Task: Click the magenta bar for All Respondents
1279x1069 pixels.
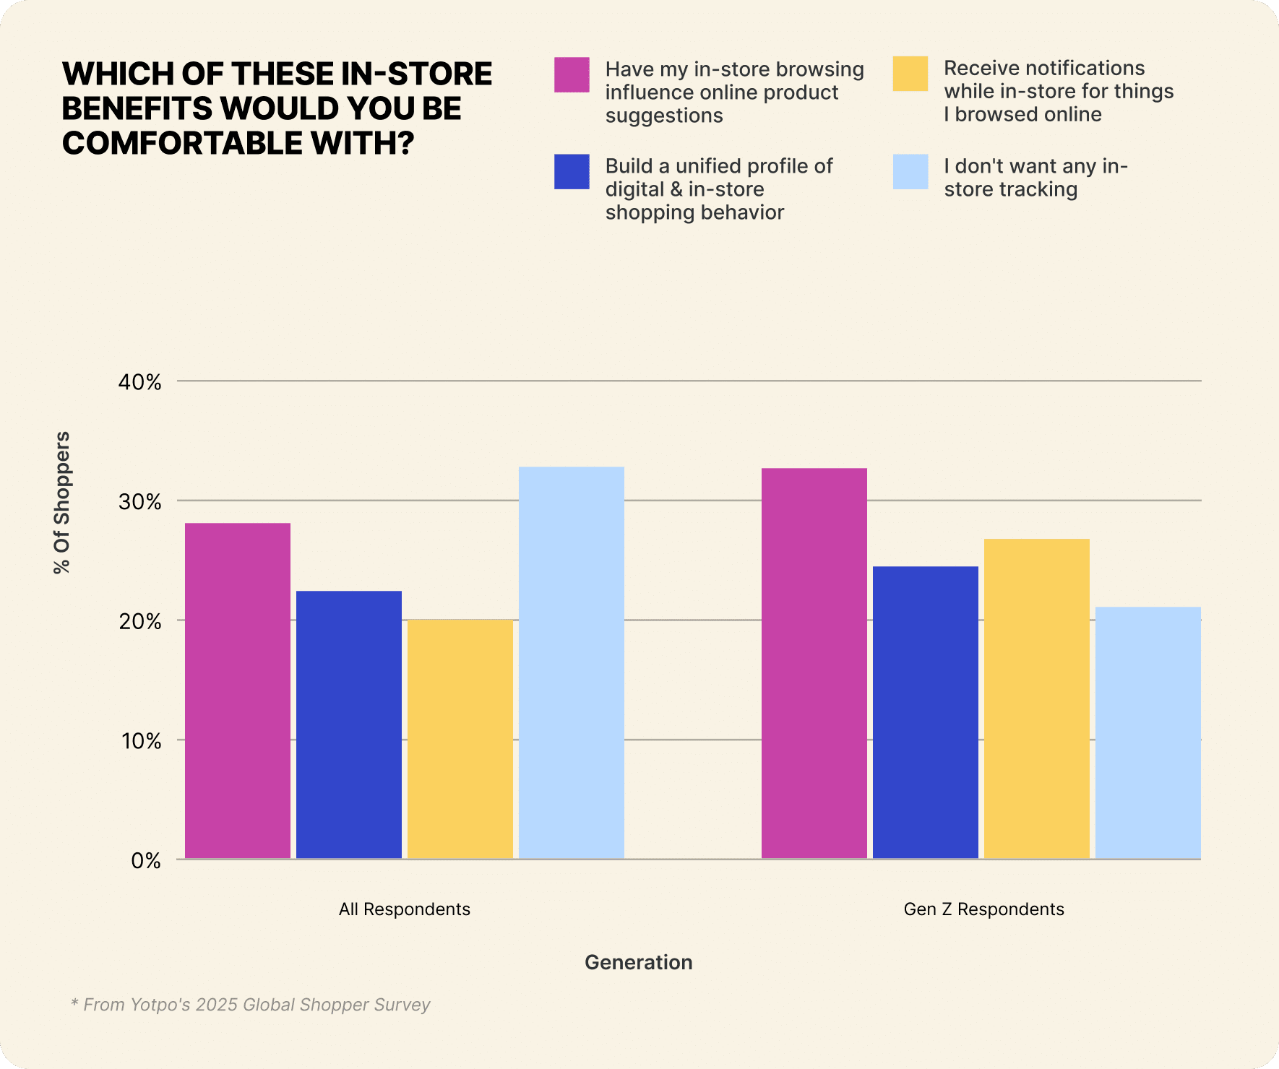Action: point(238,691)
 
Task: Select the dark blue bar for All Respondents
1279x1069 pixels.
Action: point(349,724)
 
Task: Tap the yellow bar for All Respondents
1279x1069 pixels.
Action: point(460,739)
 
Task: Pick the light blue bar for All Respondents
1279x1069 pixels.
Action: point(572,662)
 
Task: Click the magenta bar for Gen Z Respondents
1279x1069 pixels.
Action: point(814,663)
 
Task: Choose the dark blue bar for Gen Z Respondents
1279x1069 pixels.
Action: point(926,712)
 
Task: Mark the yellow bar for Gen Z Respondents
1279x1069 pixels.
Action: point(1037,698)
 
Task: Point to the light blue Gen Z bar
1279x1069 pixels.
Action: point(1148,732)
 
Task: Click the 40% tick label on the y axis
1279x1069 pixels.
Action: point(139,382)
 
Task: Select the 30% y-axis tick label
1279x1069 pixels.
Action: point(139,502)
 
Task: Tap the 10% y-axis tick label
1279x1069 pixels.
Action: point(139,741)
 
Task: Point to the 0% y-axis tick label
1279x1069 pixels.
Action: point(145,861)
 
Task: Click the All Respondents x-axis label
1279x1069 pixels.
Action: point(405,909)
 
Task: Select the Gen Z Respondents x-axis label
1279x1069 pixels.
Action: point(983,909)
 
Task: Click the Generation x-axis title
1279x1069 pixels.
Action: point(639,962)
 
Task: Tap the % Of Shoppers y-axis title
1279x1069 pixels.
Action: point(62,503)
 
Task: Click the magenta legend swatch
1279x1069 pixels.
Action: point(572,74)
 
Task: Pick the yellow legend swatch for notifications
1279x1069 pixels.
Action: point(910,74)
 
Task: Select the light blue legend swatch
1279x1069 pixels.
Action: point(910,172)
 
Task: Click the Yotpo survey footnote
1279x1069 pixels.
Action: point(250,1005)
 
